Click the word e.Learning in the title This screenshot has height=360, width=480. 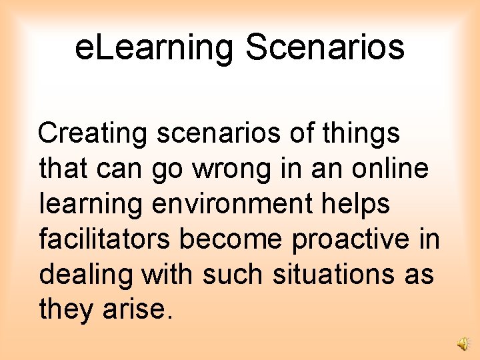155,47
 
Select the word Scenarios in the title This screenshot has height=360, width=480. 325,47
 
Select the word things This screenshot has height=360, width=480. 363,133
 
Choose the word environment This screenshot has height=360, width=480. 232,204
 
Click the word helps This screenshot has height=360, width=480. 356,204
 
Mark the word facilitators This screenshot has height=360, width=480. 105,239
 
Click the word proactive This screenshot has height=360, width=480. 353,239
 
